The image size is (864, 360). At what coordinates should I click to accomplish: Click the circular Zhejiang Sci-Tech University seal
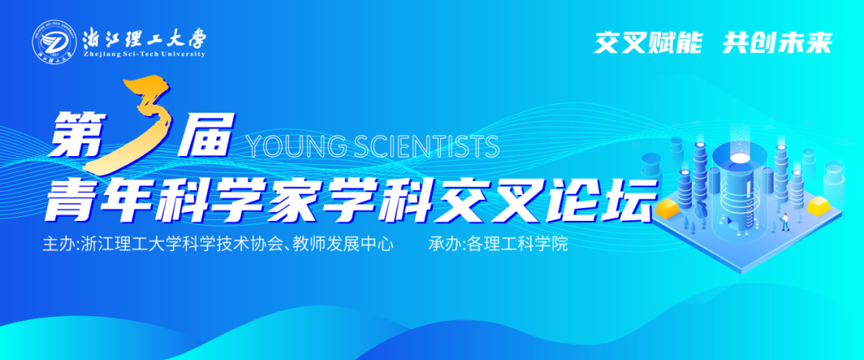(x=52, y=40)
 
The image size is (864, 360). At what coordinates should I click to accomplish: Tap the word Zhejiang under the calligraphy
(x=100, y=54)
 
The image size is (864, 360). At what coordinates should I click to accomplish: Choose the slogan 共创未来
(x=778, y=42)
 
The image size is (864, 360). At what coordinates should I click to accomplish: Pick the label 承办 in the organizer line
(x=445, y=245)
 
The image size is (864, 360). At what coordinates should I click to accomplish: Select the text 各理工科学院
(x=516, y=245)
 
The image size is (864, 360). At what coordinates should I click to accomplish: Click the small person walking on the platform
(x=784, y=222)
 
